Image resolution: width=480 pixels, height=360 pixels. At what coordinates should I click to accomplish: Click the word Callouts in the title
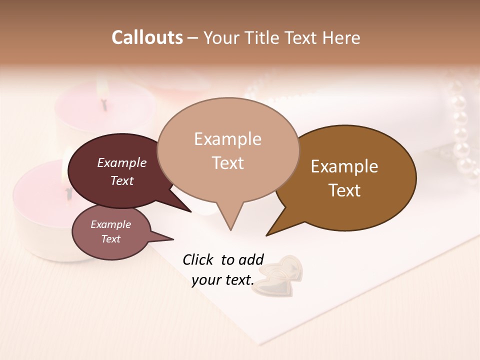click(x=147, y=37)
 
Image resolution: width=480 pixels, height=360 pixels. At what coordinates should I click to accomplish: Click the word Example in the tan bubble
click(x=228, y=139)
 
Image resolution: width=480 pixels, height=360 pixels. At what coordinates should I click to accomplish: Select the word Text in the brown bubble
click(x=344, y=190)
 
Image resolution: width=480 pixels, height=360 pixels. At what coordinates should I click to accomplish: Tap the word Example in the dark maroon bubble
click(x=121, y=163)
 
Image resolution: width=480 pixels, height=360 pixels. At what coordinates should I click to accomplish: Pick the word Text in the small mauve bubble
click(x=111, y=239)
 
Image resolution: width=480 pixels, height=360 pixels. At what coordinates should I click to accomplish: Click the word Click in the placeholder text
click(x=198, y=259)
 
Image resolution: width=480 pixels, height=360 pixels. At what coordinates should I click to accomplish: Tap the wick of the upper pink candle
click(x=104, y=105)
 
